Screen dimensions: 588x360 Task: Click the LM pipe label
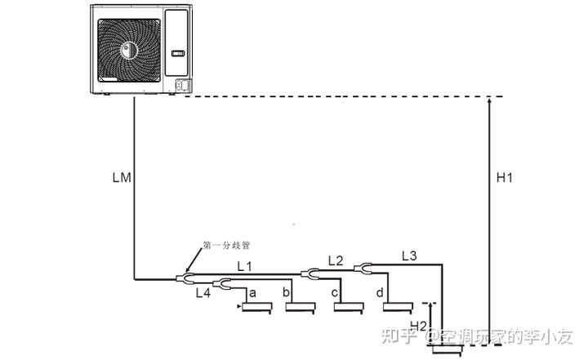[x=122, y=176]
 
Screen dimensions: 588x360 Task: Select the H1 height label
[x=505, y=177]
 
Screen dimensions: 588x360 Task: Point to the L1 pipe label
[x=245, y=265]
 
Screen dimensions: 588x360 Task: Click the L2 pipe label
[x=336, y=260]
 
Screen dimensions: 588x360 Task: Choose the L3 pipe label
[x=409, y=256]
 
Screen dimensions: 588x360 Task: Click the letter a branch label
[x=252, y=291]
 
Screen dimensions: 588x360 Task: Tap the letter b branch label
[x=286, y=291]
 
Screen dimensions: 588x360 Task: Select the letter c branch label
[x=335, y=291]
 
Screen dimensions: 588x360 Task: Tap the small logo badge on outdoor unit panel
[x=179, y=54]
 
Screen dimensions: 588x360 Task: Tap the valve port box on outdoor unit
[x=183, y=85]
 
